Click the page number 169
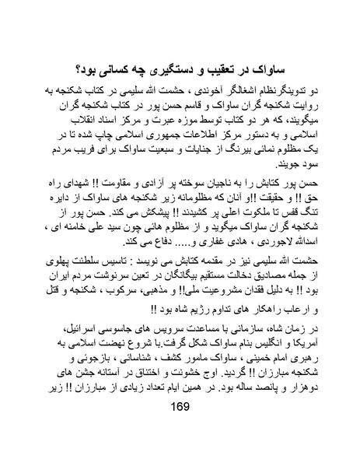click(x=180, y=433)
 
